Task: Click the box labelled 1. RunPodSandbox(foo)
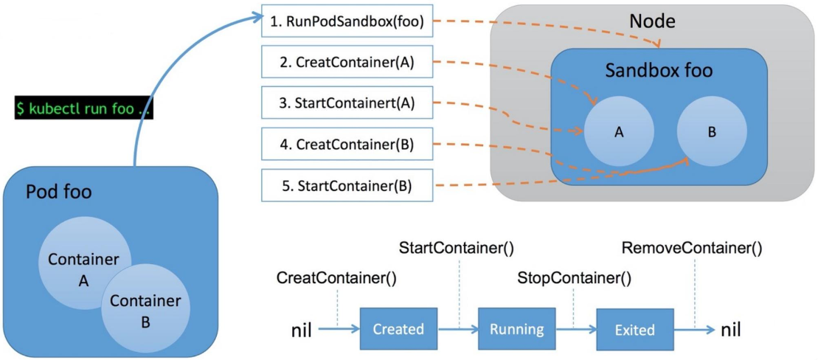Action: click(346, 22)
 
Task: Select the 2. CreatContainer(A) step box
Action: click(346, 63)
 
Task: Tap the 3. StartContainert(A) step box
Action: click(346, 103)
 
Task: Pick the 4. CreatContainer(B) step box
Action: click(346, 144)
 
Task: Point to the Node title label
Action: click(652, 21)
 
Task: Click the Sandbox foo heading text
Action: click(659, 71)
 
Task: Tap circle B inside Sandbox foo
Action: click(712, 131)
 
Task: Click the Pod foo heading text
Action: click(59, 193)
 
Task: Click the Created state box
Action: click(398, 329)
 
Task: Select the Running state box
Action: click(516, 329)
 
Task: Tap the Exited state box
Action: click(634, 329)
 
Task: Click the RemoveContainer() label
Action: click(692, 247)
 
